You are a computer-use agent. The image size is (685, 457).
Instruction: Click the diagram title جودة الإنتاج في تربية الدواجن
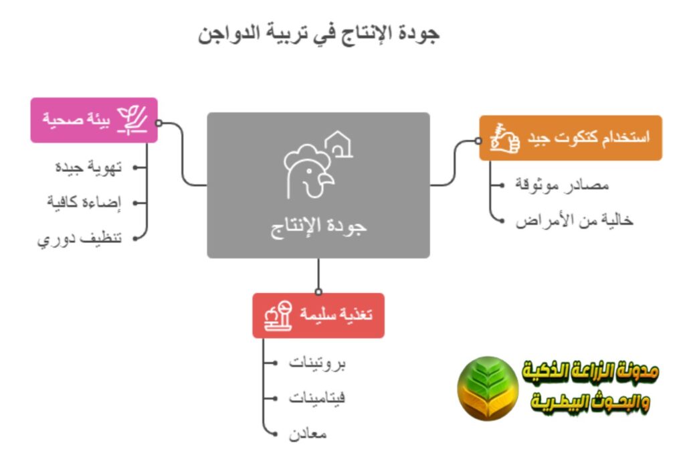coord(319,33)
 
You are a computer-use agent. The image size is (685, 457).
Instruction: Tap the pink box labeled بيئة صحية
coord(94,120)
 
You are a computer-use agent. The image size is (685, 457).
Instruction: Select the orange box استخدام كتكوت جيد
coord(571,139)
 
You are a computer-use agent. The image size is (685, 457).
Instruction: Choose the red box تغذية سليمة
coord(318,315)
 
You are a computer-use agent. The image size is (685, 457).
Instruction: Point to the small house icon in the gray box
coord(339,144)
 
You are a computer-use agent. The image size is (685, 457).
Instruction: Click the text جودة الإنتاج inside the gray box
coord(318,226)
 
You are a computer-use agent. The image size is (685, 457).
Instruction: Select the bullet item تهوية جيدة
coord(88,167)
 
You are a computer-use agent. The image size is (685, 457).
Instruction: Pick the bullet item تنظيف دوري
coord(80,238)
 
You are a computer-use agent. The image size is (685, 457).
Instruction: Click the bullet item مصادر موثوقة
coord(562,184)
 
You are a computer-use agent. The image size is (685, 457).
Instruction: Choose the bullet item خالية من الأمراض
coord(574,220)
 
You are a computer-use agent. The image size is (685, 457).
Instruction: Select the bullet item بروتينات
coord(318,363)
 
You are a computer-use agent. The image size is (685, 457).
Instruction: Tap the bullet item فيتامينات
coord(317,399)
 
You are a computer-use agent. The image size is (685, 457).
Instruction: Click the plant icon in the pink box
coord(132,120)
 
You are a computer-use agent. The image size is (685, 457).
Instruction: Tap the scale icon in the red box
coord(279,315)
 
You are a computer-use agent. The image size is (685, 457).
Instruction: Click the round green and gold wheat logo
coord(488,388)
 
